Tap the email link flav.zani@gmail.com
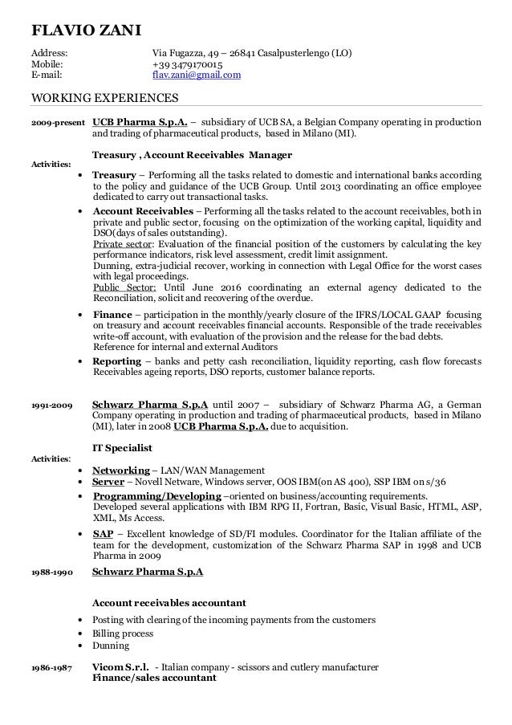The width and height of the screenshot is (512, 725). [x=197, y=76]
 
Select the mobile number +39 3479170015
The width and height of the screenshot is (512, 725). [x=188, y=65]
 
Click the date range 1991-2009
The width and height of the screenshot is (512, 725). [x=50, y=405]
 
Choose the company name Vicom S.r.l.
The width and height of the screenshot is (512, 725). [x=120, y=667]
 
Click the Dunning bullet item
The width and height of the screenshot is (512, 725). [x=111, y=645]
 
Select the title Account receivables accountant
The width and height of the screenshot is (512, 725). [x=169, y=602]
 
